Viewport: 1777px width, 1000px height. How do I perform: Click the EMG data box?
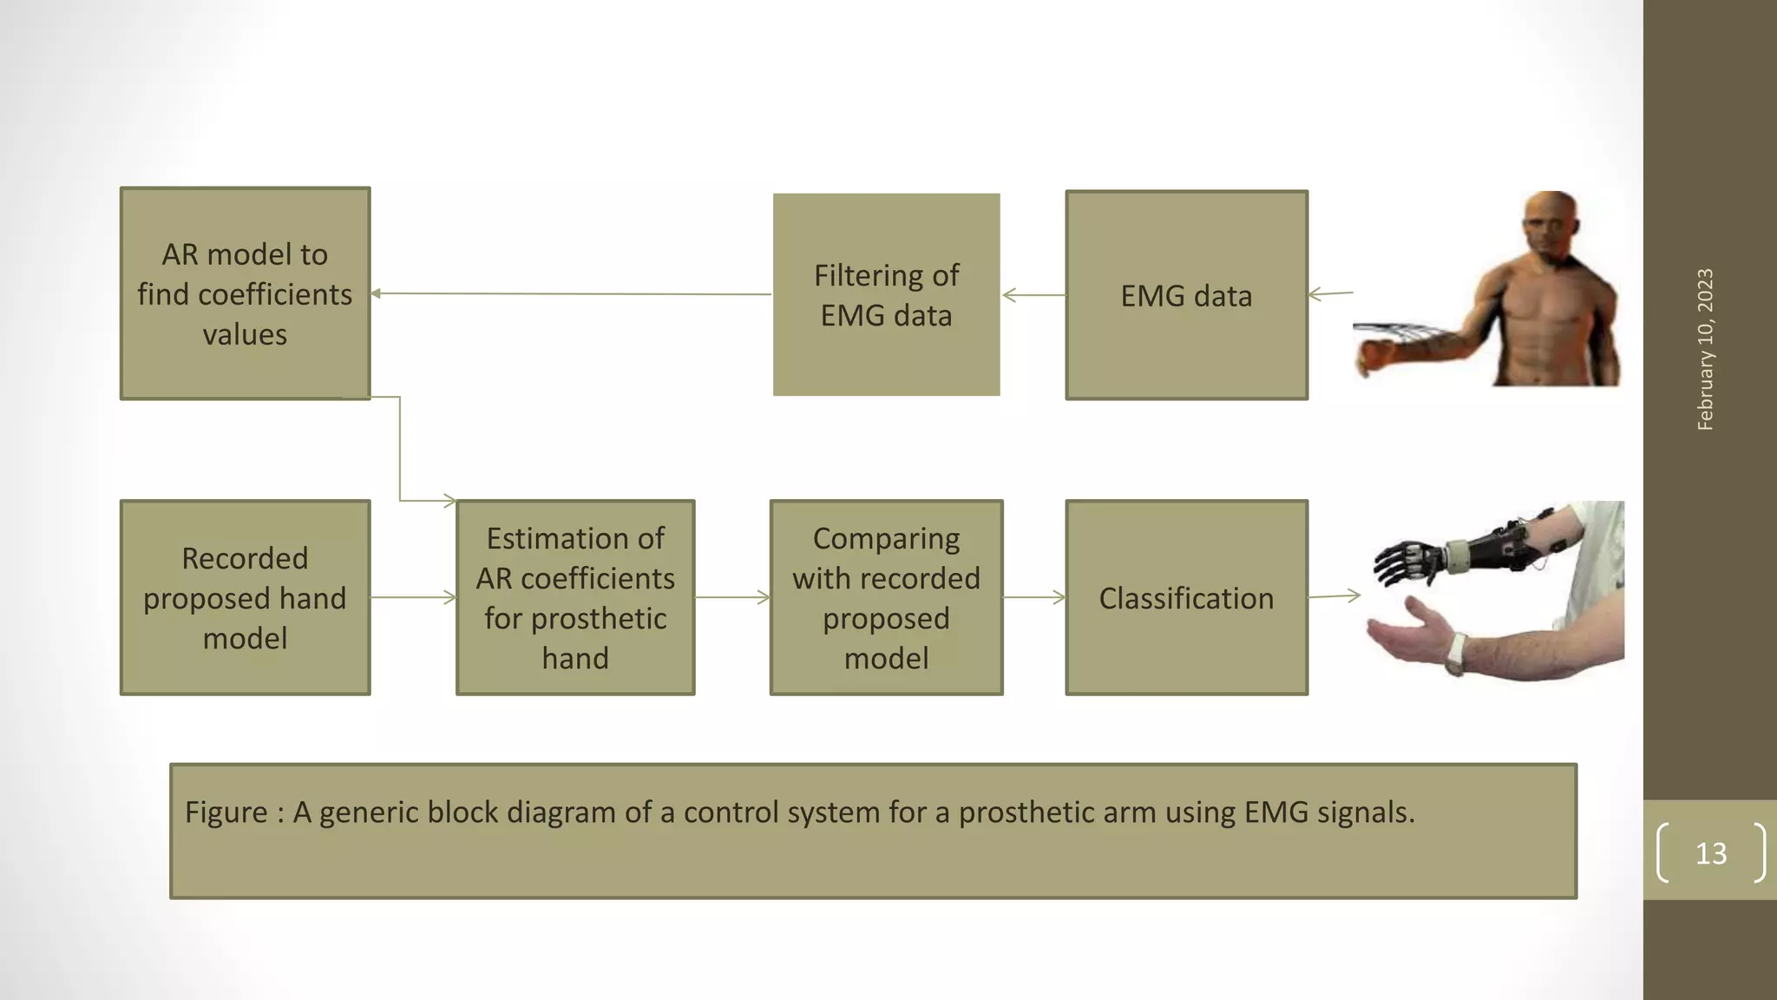coord(1186,295)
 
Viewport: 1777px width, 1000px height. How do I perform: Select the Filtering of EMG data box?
coord(886,295)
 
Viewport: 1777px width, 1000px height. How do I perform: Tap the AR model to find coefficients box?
coord(245,293)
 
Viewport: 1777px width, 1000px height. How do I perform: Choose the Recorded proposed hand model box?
coord(245,597)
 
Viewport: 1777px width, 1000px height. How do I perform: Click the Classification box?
coord(1186,597)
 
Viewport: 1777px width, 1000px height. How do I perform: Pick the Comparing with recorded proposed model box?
coord(886,597)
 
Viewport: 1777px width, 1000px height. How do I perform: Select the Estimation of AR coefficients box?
coord(575,597)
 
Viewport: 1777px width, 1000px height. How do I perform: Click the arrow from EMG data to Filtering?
coord(1033,295)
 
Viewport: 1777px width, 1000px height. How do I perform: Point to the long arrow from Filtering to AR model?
coord(573,293)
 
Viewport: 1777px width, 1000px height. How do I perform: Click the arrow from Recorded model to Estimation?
coord(413,597)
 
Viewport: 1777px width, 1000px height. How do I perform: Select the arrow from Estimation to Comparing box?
coord(732,597)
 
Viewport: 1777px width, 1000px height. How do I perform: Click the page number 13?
coord(1711,853)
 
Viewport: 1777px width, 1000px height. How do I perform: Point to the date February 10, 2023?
coord(1705,349)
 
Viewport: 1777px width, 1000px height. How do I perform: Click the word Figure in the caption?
coord(226,812)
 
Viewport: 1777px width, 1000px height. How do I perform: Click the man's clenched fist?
coord(1374,357)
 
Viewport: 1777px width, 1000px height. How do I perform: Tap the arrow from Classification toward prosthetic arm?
coord(1334,595)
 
